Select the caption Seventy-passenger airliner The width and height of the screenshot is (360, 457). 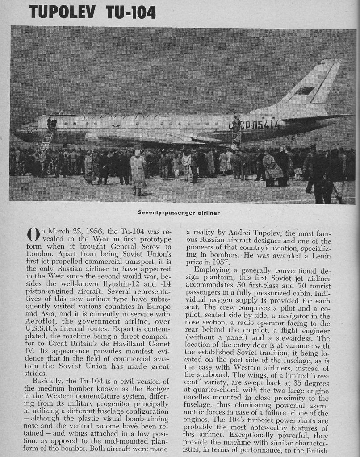click(x=179, y=213)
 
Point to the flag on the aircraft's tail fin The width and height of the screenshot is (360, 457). click(x=304, y=91)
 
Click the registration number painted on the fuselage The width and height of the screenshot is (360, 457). click(x=255, y=125)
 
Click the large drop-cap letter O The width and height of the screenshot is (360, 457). click(x=34, y=235)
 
